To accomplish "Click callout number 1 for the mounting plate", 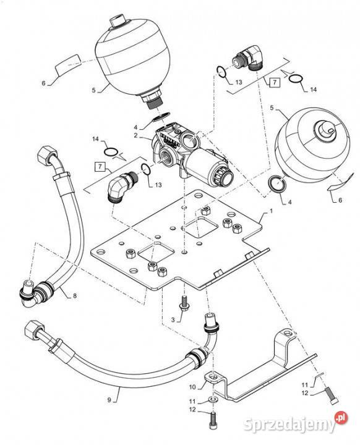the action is coord(271,211).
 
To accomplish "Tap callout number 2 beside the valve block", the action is coord(136,135).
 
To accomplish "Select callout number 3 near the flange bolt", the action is coord(173,320).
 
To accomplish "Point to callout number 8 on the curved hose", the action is coord(75,295).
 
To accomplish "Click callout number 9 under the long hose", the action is coord(109,400).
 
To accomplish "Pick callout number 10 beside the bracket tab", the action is coord(192,387).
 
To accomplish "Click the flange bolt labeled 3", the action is coord(184,302).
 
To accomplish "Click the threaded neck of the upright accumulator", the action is coord(153,101).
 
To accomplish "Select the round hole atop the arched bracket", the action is coord(288,332).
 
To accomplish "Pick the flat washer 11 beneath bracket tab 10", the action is coord(212,400).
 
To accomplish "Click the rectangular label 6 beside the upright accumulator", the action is coord(67,66).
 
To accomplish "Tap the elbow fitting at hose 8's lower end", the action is coord(28,295).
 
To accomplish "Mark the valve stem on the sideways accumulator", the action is coord(325,129).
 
